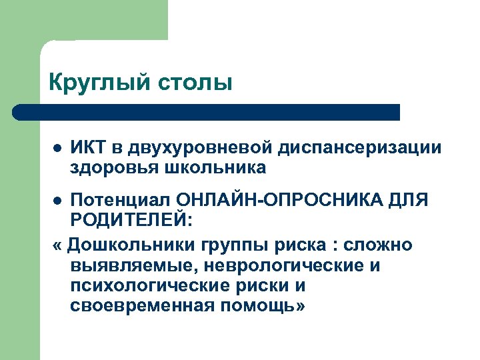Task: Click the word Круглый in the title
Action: (x=100, y=83)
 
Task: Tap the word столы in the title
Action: (x=195, y=83)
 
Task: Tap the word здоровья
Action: (x=111, y=167)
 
